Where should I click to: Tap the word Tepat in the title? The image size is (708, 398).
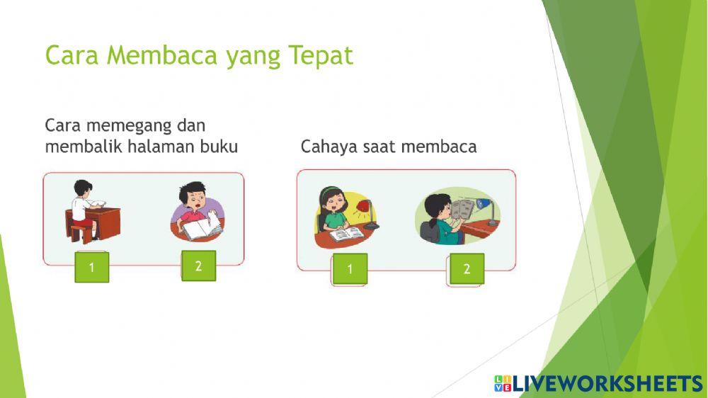click(x=321, y=56)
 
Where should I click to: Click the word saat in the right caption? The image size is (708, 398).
click(x=380, y=147)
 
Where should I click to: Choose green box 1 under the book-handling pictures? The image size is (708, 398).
click(x=92, y=267)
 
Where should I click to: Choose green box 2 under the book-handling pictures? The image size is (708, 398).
click(x=198, y=266)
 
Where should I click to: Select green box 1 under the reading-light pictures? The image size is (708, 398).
click(x=350, y=269)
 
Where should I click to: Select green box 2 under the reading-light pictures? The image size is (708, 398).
click(x=467, y=269)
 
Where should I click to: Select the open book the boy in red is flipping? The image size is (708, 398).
click(x=203, y=229)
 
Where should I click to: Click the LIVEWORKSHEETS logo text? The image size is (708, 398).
click(x=607, y=384)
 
